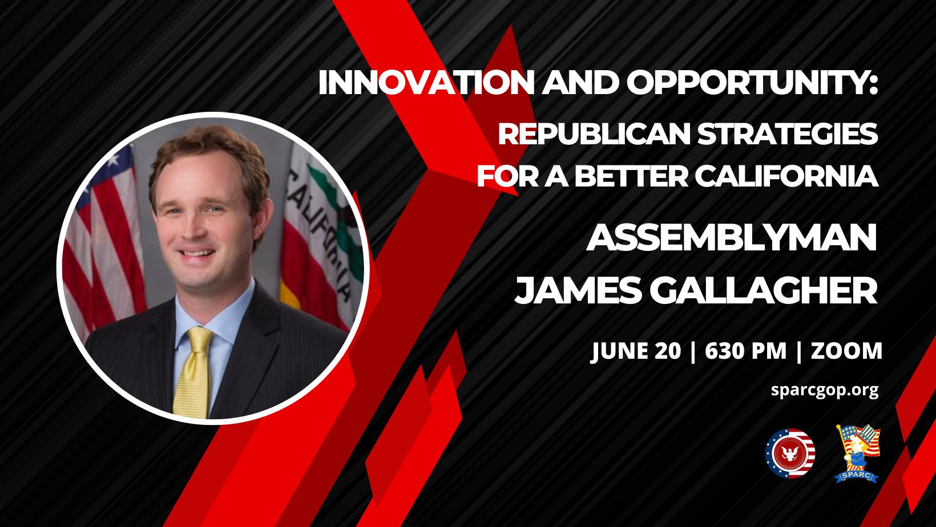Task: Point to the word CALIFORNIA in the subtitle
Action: coord(787,176)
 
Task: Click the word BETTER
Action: coord(631,176)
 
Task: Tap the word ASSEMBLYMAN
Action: coord(731,237)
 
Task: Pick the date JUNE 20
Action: coord(636,351)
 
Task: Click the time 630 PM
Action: coord(746,351)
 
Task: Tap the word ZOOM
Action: coord(846,351)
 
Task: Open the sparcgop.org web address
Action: coord(825,391)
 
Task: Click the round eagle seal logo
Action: coord(790,453)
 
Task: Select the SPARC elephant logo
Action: coord(857,453)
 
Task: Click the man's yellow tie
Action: coord(193,372)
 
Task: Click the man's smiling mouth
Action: coord(196,253)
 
